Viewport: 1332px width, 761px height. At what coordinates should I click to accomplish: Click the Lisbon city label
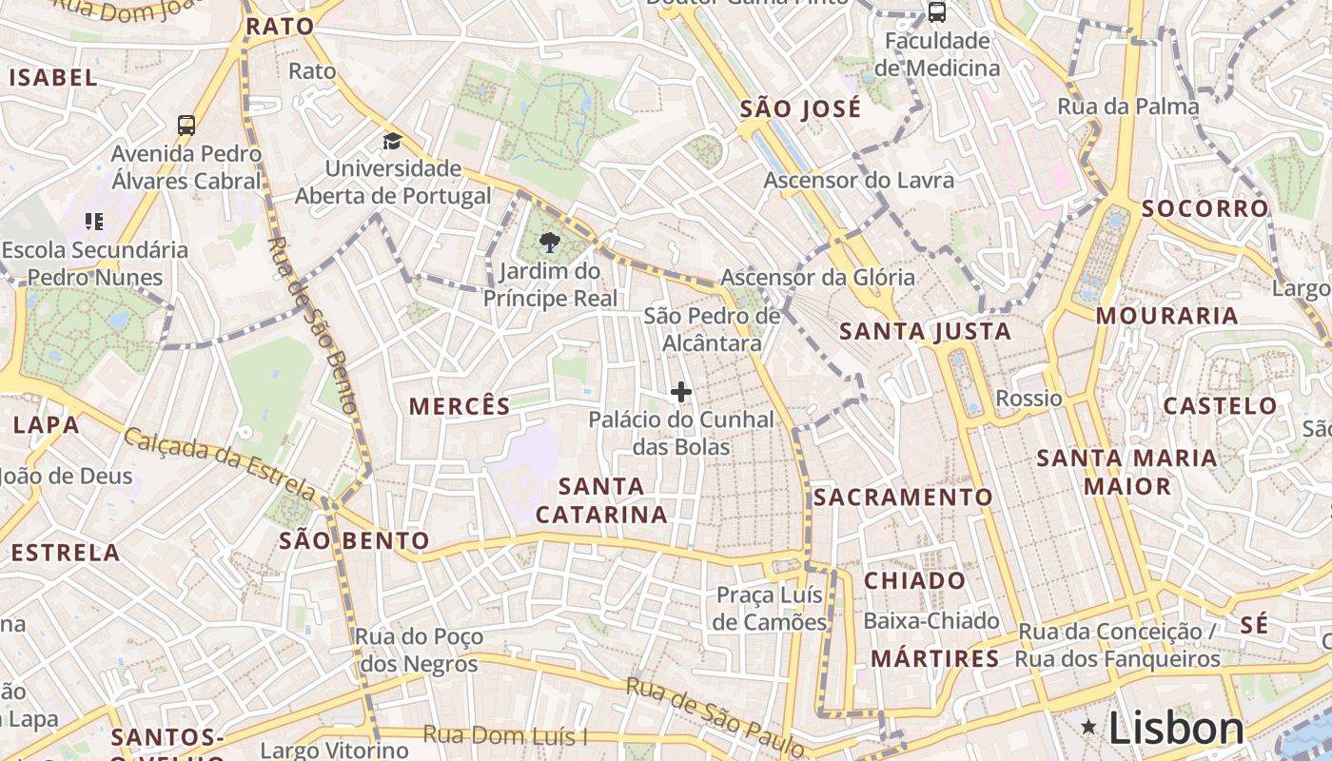tap(1176, 730)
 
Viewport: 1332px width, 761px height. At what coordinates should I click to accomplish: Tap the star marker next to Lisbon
tap(1088, 728)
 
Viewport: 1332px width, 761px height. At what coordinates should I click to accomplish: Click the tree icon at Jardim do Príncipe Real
tap(549, 243)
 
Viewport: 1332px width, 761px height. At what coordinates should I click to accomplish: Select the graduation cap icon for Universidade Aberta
tap(392, 142)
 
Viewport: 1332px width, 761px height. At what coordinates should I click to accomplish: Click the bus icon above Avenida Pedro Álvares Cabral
tap(186, 126)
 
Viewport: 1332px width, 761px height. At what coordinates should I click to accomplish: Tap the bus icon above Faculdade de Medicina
tap(937, 12)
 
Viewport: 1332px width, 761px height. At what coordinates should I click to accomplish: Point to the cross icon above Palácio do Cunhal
tap(681, 391)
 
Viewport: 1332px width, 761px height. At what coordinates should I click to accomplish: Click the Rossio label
tap(1028, 398)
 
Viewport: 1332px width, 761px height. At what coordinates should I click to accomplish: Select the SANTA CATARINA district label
tap(601, 500)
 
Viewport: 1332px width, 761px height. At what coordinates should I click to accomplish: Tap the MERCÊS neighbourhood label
tap(460, 407)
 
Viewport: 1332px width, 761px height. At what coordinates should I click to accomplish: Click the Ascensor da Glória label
tap(817, 278)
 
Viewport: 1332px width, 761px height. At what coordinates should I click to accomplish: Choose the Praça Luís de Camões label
tap(770, 609)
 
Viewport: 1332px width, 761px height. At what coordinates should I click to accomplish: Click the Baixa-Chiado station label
tap(931, 621)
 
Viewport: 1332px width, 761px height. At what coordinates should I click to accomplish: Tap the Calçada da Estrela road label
tap(220, 463)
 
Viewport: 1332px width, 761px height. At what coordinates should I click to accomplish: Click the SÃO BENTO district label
tap(354, 541)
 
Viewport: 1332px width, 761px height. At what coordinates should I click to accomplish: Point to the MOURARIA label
tap(1166, 316)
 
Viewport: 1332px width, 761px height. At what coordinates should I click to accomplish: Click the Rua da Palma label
tap(1128, 107)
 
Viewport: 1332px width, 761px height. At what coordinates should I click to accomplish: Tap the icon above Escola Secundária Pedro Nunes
tap(94, 222)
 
